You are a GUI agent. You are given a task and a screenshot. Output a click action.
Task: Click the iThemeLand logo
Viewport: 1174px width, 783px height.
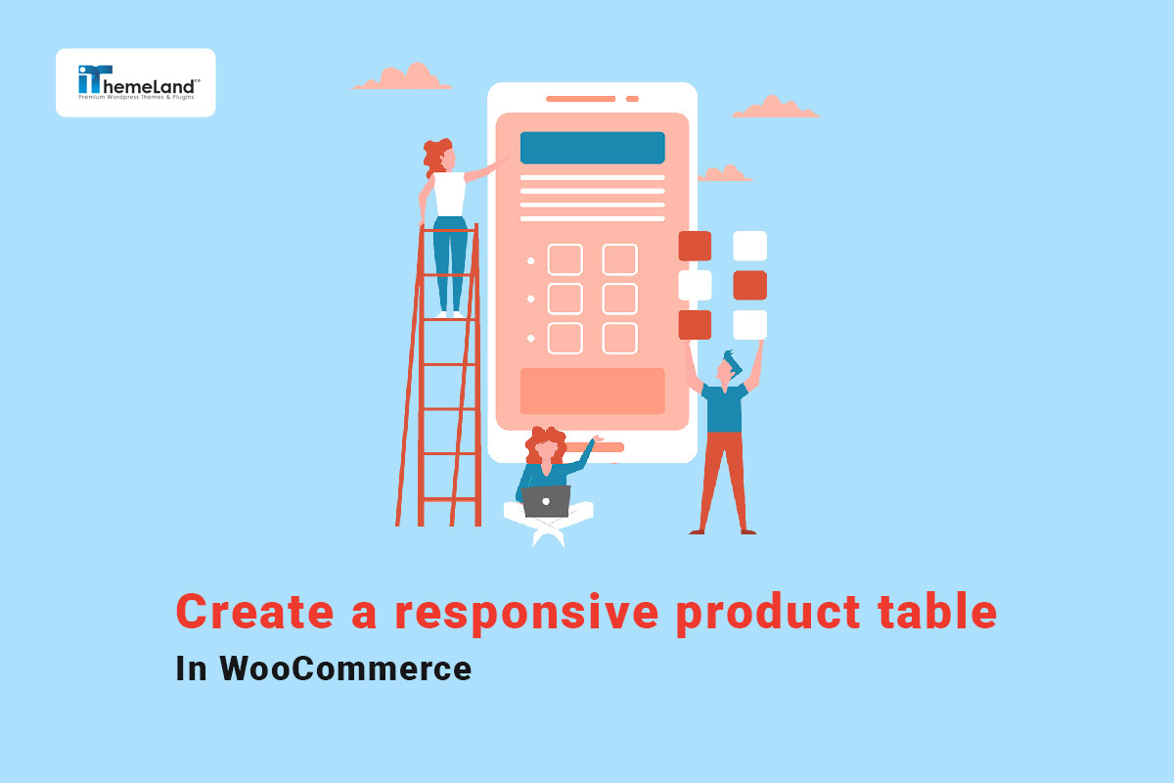pyautogui.click(x=136, y=82)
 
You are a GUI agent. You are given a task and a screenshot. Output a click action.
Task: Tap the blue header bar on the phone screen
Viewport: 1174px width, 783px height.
pyautogui.click(x=592, y=148)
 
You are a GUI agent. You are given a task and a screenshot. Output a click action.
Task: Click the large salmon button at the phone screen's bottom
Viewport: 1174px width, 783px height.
pyautogui.click(x=592, y=391)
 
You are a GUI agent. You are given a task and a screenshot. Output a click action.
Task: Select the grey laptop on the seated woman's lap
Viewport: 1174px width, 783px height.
pyautogui.click(x=546, y=501)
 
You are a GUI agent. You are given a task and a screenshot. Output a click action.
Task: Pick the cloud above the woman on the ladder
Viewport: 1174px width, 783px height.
pyautogui.click(x=401, y=78)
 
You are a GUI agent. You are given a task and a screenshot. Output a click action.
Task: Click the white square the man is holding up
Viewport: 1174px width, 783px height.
pyautogui.click(x=749, y=324)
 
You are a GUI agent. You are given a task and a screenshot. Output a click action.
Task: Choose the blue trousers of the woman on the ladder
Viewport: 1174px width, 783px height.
pyautogui.click(x=450, y=259)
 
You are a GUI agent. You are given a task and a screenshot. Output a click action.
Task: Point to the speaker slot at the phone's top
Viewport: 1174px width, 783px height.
pyautogui.click(x=581, y=99)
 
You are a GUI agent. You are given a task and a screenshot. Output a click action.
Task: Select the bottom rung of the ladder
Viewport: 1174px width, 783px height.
pyautogui.click(x=449, y=498)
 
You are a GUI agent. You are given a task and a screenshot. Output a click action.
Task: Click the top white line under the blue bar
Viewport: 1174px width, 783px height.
pyautogui.click(x=592, y=177)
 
